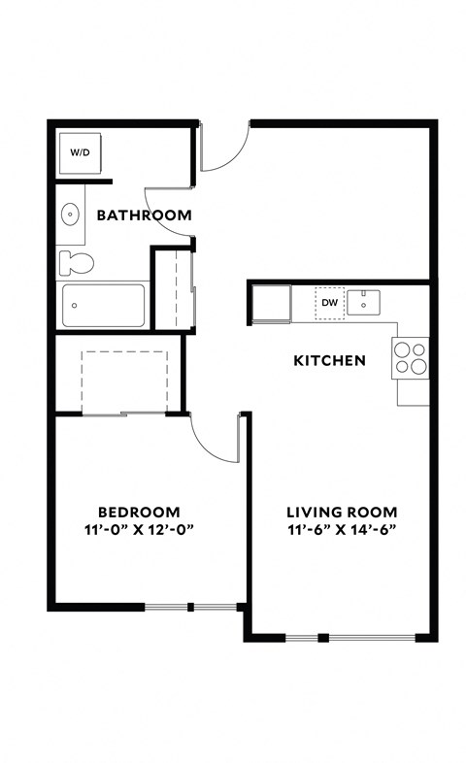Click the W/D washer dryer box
click(77, 153)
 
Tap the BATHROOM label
click(143, 216)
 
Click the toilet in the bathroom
click(76, 262)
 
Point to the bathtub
click(103, 305)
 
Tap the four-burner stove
click(410, 355)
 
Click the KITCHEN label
click(329, 361)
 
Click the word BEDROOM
click(139, 513)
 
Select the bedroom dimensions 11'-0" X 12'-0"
click(139, 530)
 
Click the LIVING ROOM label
click(341, 513)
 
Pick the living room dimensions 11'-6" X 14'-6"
click(341, 530)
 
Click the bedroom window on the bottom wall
click(190, 608)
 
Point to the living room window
click(350, 638)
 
